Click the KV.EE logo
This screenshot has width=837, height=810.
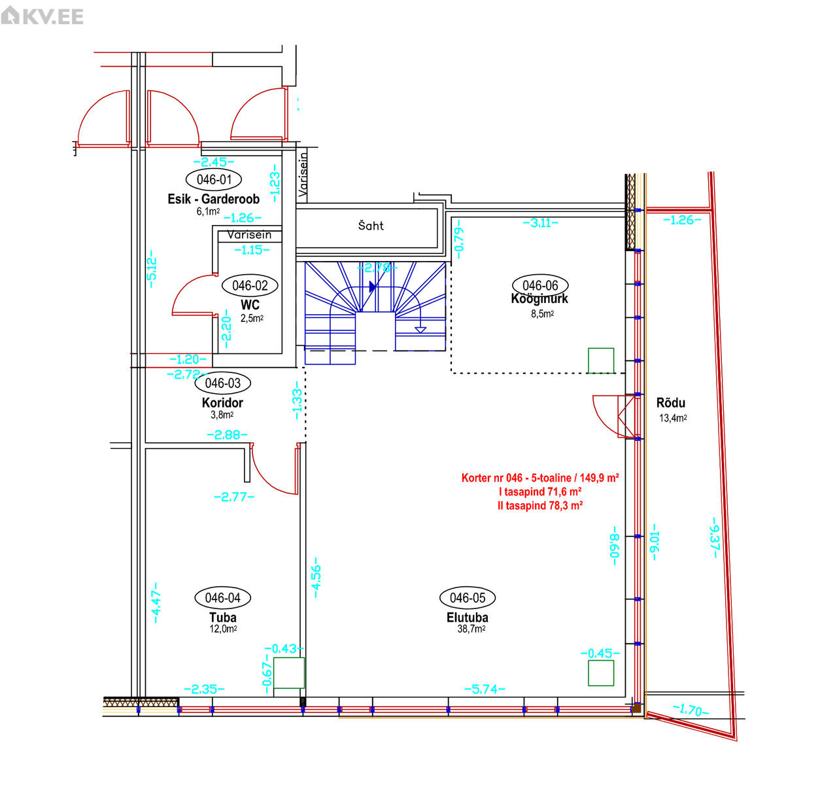point(42,16)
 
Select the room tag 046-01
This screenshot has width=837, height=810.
point(213,179)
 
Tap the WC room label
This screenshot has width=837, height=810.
point(250,305)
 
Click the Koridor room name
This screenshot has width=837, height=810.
point(222,403)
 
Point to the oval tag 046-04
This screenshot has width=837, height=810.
point(222,598)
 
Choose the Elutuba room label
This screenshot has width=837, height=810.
point(467,618)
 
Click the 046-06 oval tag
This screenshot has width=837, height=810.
point(540,285)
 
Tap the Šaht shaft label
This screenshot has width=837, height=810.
point(371,226)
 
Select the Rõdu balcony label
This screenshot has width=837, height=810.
point(670,403)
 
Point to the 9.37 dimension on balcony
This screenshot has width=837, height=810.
point(715,538)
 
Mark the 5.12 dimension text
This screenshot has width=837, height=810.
point(152,268)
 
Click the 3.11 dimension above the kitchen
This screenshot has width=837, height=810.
point(540,223)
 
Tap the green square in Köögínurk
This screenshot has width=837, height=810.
point(601,361)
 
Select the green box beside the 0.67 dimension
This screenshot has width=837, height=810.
point(289,673)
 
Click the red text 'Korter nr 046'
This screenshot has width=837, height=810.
point(492,478)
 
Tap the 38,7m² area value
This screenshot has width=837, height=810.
point(471,629)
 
